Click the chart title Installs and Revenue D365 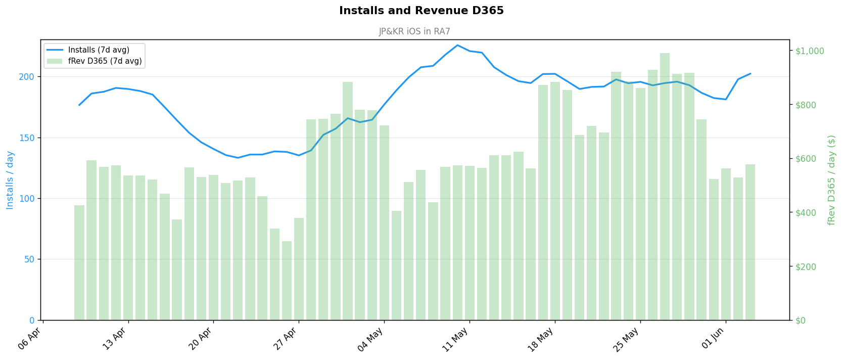[x=421, y=11]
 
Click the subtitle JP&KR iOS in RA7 [x=414, y=31]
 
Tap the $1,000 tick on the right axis [x=810, y=51]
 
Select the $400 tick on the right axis [x=806, y=213]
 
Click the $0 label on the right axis [x=801, y=321]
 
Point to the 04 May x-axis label [x=370, y=339]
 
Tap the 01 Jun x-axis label [x=713, y=339]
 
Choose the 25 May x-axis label [x=627, y=339]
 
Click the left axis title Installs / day [x=10, y=180]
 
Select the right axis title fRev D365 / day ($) [x=831, y=180]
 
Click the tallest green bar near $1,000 [x=665, y=187]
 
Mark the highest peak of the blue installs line [x=457, y=45]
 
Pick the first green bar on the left [x=79, y=263]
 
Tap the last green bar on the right [x=750, y=243]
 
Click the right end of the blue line [x=751, y=73]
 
